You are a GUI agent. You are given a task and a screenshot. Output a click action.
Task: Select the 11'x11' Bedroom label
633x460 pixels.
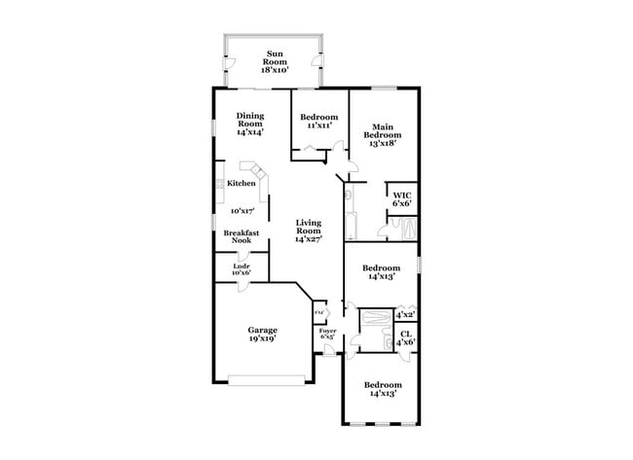(318, 122)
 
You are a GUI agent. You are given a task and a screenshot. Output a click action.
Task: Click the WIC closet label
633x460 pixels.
(402, 199)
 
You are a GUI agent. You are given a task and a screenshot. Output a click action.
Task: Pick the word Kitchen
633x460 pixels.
(242, 183)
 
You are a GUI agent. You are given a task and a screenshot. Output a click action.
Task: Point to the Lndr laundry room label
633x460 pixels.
(242, 269)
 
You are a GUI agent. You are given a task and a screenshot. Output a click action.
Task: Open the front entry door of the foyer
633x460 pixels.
(329, 352)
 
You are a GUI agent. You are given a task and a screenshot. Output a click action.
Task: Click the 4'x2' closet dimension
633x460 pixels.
(404, 314)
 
